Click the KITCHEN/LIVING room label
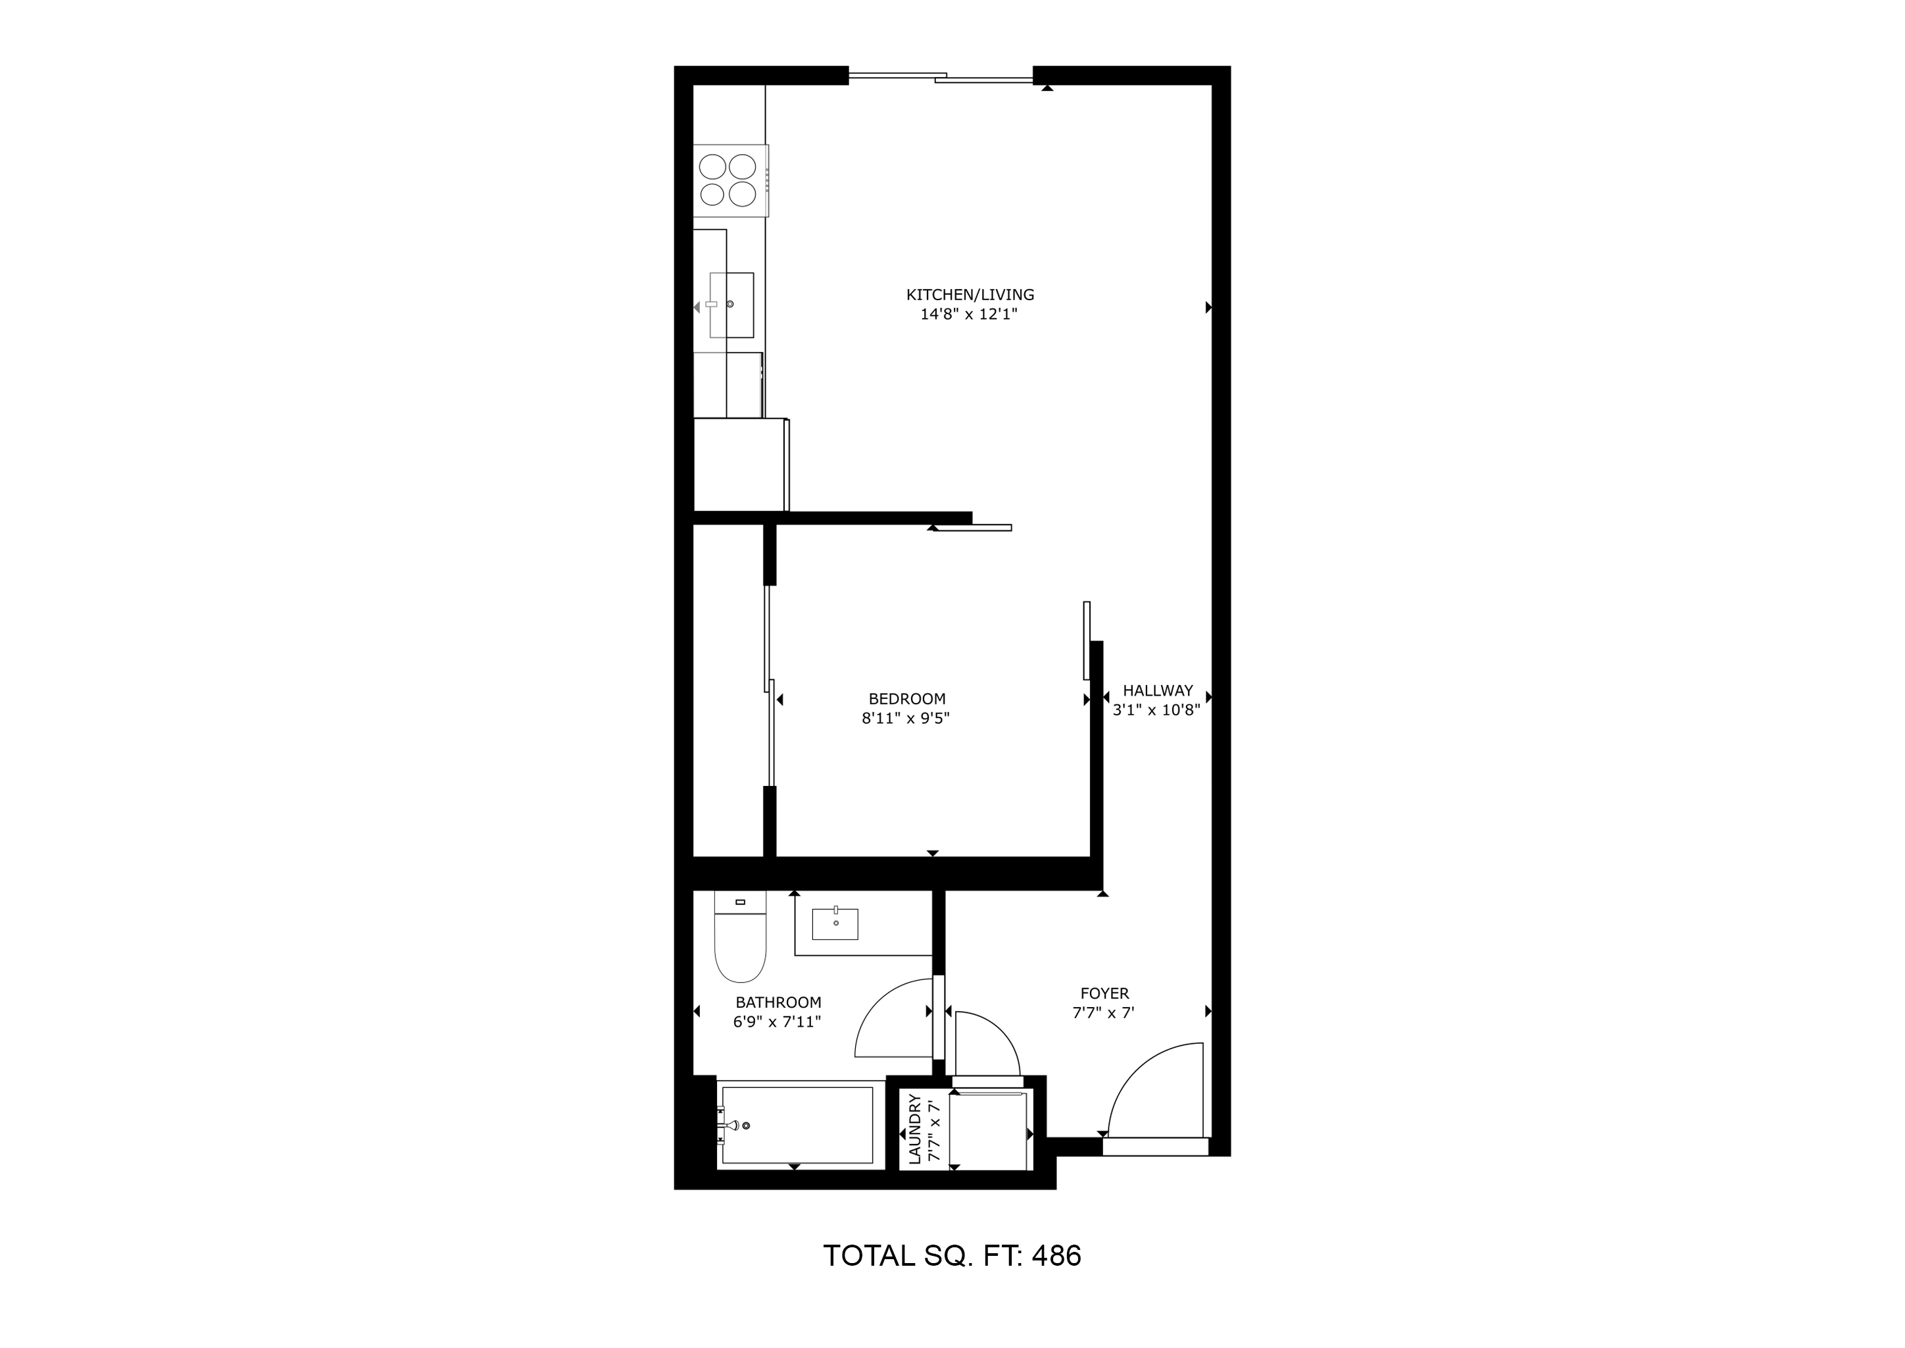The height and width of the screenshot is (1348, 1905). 970,295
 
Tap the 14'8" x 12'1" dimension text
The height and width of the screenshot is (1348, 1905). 968,315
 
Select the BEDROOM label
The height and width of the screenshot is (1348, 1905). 907,699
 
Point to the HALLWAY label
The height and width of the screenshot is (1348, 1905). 1158,690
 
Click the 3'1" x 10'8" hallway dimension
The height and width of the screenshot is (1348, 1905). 1156,710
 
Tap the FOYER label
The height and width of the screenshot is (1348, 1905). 1104,994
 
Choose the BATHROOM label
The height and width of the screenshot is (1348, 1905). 778,1002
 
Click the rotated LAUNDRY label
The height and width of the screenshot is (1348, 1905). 915,1129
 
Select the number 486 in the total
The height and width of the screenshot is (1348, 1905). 1056,1256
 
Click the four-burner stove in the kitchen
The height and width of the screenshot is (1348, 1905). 731,181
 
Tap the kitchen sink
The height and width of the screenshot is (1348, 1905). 731,305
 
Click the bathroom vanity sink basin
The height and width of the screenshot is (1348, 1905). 835,924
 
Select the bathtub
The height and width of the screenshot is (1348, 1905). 797,1126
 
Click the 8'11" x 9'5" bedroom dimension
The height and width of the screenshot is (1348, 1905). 905,718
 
